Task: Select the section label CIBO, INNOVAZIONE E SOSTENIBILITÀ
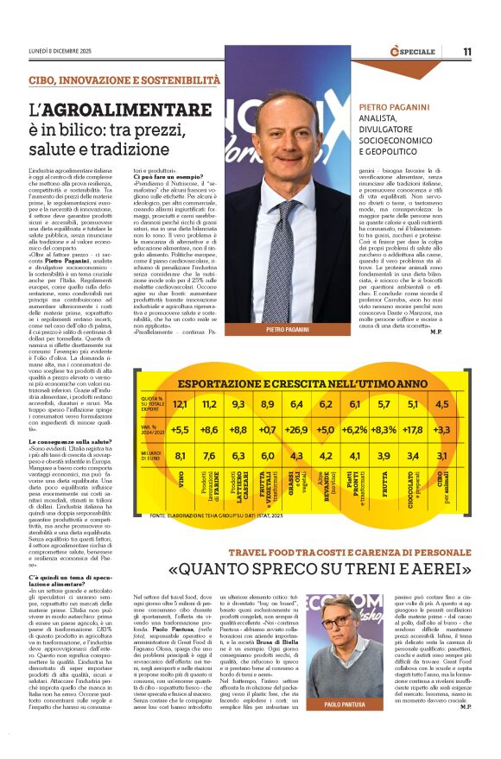124,79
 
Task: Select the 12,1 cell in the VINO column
180,404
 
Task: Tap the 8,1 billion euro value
180,456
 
